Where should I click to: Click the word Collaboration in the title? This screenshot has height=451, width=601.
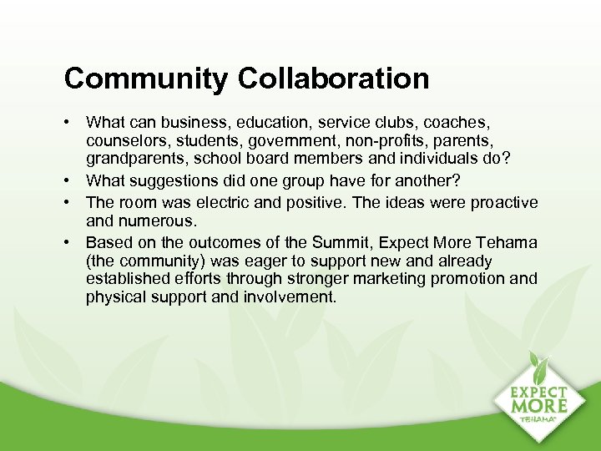point(333,79)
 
